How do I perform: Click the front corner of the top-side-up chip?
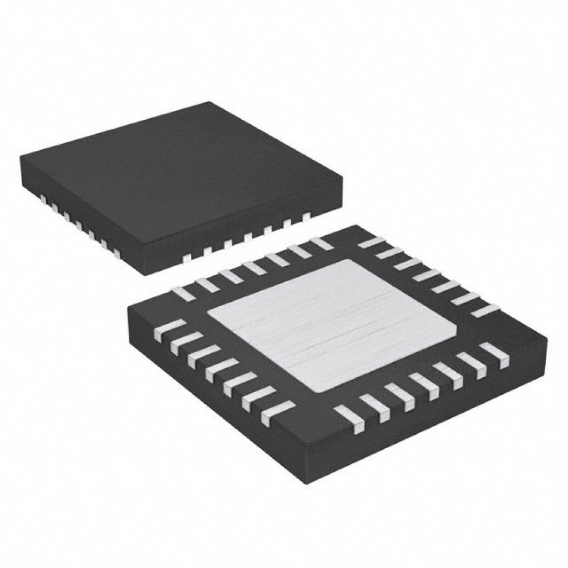point(145,275)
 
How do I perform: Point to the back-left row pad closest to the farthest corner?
point(320,243)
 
